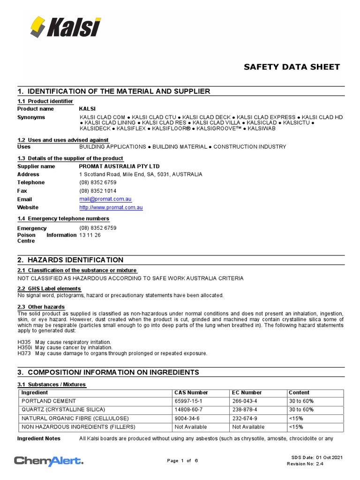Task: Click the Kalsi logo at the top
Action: pyautogui.click(x=66, y=27)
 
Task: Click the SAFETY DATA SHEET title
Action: pyautogui.click(x=292, y=67)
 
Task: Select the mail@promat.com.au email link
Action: pyautogui.click(x=102, y=199)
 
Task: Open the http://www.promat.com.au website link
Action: pyautogui.click(x=111, y=208)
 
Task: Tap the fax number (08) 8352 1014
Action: pyautogui.click(x=98, y=191)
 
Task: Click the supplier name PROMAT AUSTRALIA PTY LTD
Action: pyautogui.click(x=119, y=166)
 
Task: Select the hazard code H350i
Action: pyautogui.click(x=24, y=347)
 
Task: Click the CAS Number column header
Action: pyautogui.click(x=191, y=393)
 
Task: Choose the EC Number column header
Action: pyautogui.click(x=247, y=393)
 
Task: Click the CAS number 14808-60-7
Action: pyautogui.click(x=189, y=410)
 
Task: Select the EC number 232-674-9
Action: pyautogui.click(x=245, y=418)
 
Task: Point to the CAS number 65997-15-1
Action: pyautogui.click(x=189, y=401)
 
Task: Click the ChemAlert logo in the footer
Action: pyautogui.click(x=49, y=461)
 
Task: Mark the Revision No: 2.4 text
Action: pyautogui.click(x=305, y=464)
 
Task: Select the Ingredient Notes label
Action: pyautogui.click(x=39, y=439)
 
